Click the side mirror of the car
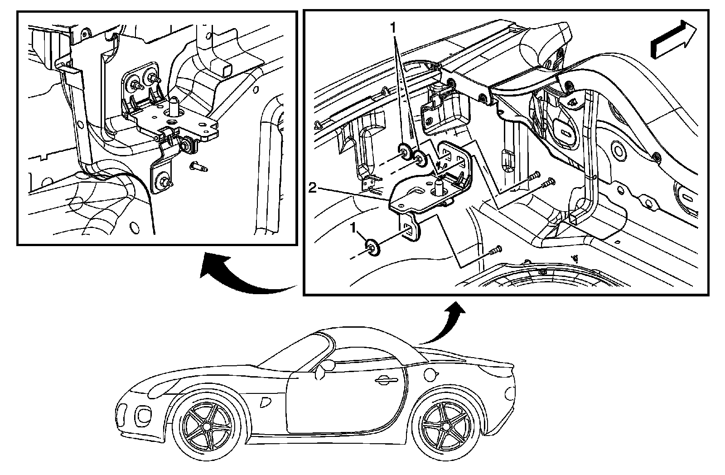(323, 369)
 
